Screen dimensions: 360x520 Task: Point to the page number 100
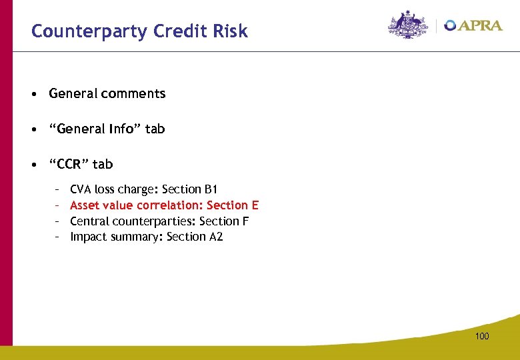pos(482,336)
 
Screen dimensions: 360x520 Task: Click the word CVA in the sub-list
pos(81,190)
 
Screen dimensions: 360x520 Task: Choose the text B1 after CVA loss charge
pos(211,190)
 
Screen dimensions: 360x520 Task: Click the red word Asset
pos(85,205)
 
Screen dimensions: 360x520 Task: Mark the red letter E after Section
pos(254,205)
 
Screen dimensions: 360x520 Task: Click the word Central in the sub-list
pos(89,221)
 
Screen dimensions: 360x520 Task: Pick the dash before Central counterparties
pos(58,221)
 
